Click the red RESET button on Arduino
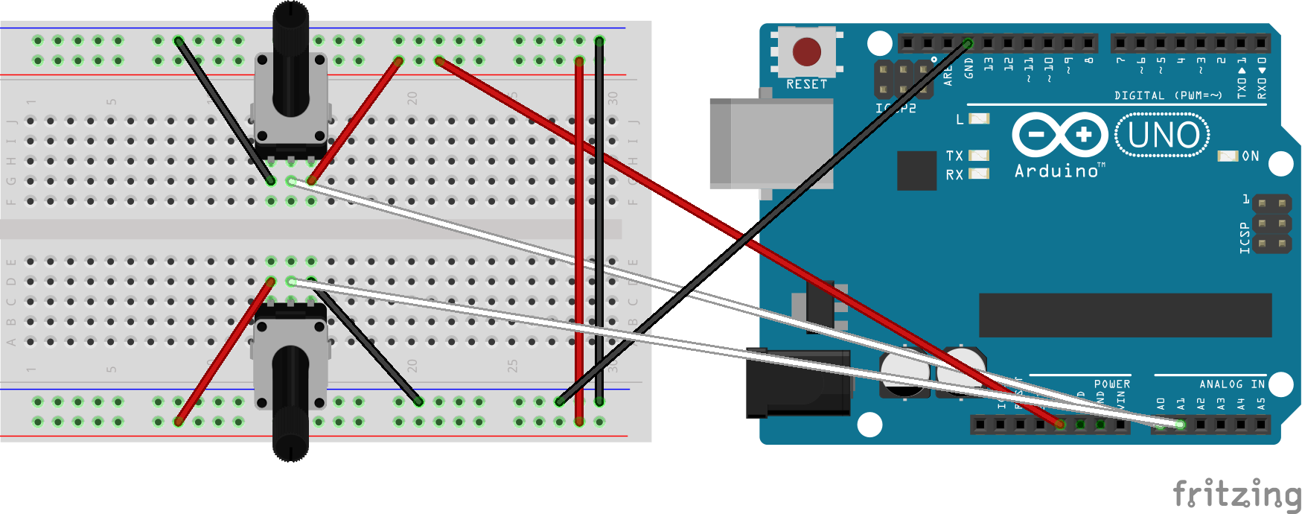coord(806,51)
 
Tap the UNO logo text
coord(1163,136)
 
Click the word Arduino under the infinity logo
coord(1057,171)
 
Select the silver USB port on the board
coord(770,143)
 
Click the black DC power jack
coord(798,384)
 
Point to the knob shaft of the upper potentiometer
coord(290,60)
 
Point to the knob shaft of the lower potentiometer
coord(290,402)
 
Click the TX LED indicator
coord(979,156)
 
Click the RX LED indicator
coord(979,174)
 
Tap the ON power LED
coord(1228,156)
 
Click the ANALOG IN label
coord(1231,384)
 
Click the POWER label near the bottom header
coord(1111,384)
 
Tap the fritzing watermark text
coord(1236,493)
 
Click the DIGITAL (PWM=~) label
coord(1167,95)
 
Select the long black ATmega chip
coord(1124,314)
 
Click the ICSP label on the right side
coord(1244,238)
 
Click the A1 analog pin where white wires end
coord(1180,425)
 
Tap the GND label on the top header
coord(968,68)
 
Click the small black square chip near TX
coord(916,171)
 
